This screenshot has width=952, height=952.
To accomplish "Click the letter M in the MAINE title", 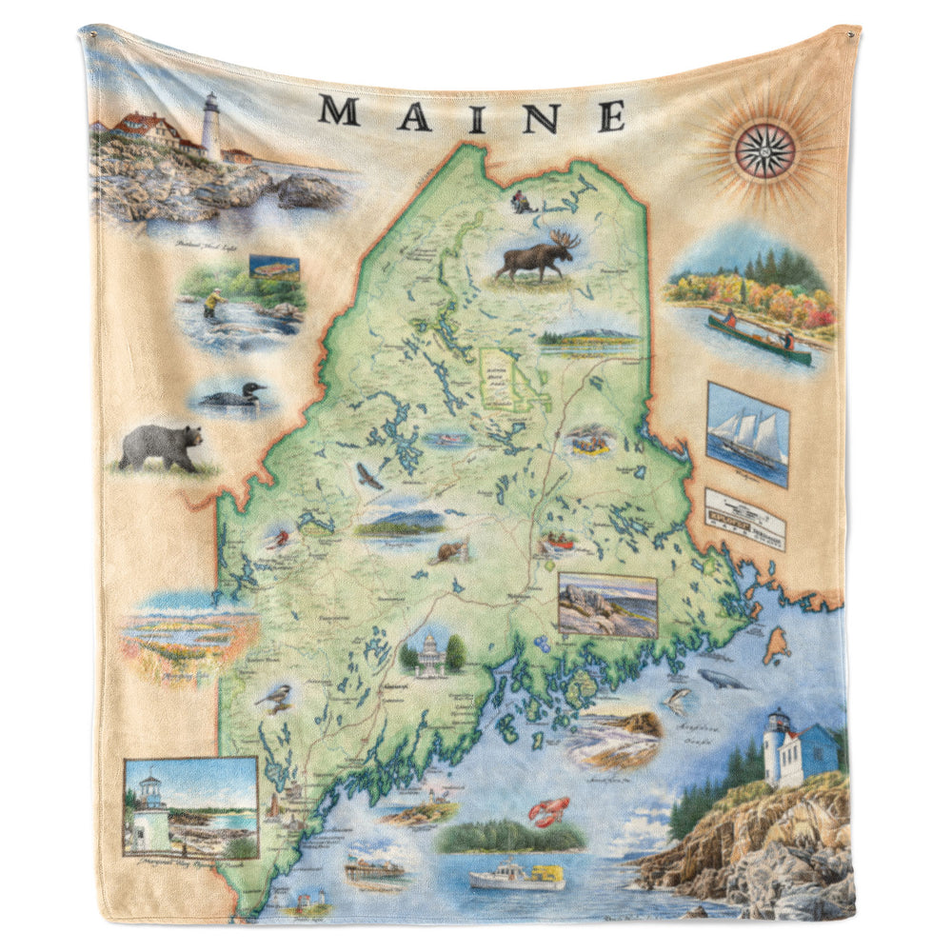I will click(x=339, y=110).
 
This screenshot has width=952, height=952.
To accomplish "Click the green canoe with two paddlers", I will click(x=758, y=339).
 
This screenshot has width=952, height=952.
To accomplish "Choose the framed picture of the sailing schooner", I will click(x=747, y=433).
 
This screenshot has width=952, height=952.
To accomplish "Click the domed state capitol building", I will click(x=431, y=654).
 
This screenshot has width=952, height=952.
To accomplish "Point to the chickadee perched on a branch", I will click(x=274, y=701).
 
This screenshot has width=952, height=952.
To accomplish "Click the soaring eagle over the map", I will click(x=368, y=476).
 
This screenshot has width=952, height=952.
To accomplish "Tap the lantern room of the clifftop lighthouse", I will click(x=778, y=722).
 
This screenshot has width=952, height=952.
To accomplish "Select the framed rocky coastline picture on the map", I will click(x=606, y=605).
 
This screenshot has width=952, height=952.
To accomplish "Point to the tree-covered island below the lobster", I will click(x=511, y=837).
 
